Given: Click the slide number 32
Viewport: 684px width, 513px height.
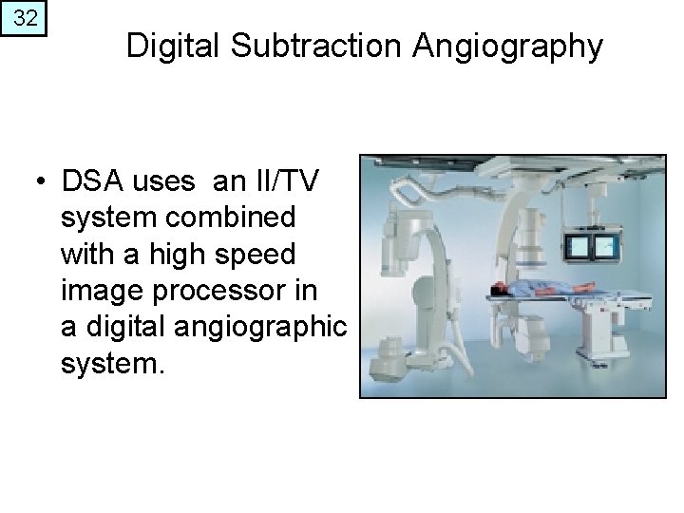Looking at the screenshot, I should coord(27,19).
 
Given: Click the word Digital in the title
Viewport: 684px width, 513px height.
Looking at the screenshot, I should coord(175,46).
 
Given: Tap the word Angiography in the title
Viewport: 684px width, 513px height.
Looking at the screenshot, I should coord(513,46).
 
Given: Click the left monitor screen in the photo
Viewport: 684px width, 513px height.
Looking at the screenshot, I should coord(579,248).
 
